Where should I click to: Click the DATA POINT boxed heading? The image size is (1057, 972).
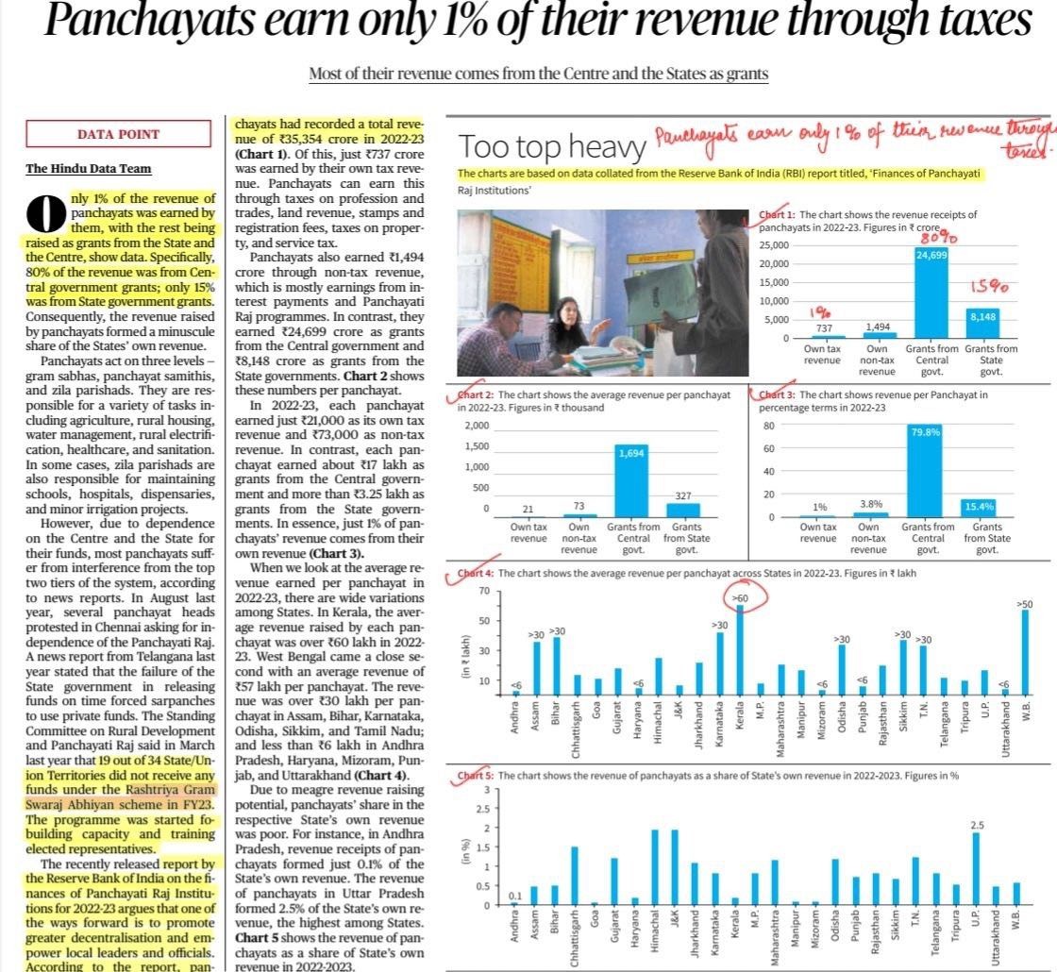coord(118,133)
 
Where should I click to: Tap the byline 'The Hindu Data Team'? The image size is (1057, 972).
coord(89,169)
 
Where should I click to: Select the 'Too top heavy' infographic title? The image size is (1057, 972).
coord(552,146)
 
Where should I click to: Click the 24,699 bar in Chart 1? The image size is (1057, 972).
coord(931,293)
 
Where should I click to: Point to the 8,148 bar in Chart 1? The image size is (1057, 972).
coord(982,323)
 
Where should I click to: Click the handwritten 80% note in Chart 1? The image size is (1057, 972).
coord(939,237)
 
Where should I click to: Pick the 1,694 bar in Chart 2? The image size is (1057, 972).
coord(631,480)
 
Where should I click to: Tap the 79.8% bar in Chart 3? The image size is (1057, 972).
coord(925,471)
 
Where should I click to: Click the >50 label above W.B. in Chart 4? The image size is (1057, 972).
coord(1024,604)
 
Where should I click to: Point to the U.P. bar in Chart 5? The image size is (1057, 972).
coord(975,868)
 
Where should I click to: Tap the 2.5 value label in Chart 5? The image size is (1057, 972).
coord(977,825)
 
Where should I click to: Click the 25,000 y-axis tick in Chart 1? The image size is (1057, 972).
coord(774,244)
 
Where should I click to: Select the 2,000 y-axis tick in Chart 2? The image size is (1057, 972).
coord(477,426)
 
